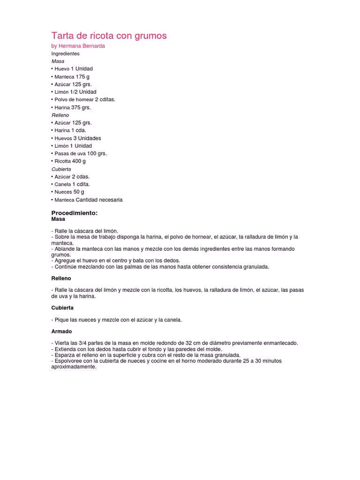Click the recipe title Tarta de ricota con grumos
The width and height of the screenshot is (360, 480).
point(109,36)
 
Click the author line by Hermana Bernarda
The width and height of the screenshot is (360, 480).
point(78,46)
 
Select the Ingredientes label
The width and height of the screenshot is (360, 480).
point(65,53)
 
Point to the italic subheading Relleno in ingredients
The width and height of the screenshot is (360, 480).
point(60,115)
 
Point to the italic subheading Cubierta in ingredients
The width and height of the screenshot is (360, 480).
point(61,169)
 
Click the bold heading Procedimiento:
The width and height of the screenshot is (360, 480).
point(74,213)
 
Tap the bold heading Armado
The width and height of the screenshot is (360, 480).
point(60,331)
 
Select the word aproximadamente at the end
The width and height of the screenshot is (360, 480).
point(74,367)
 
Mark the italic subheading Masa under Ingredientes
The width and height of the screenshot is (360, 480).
point(58,61)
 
